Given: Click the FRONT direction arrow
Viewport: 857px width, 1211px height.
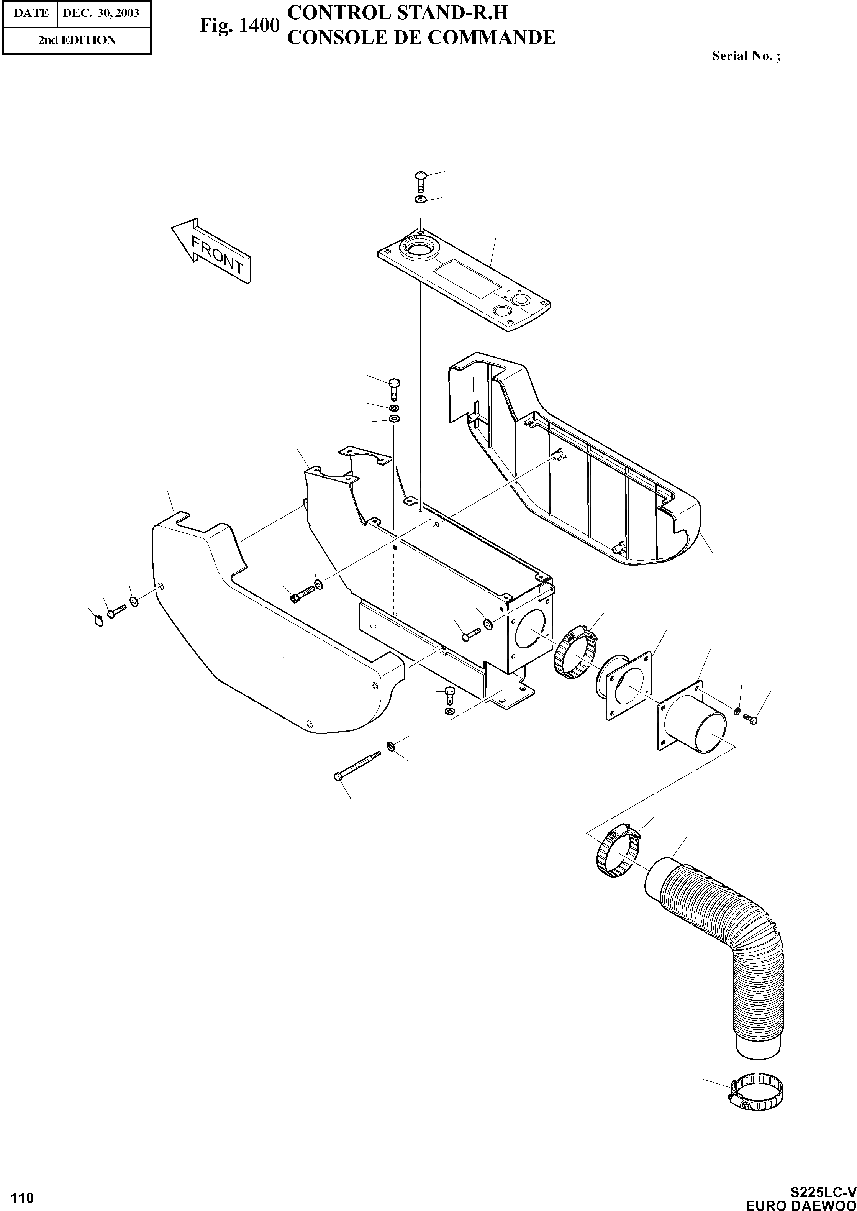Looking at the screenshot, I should pos(211,251).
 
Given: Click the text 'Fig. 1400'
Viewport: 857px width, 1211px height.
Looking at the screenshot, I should pos(239,25).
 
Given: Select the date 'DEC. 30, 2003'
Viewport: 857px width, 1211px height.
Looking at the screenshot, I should pos(101,13).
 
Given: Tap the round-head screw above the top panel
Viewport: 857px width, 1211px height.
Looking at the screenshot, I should pos(421,181).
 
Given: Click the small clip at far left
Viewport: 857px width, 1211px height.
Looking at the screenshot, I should pos(97,621).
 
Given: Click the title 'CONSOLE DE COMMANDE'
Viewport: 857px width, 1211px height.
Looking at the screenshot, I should pos(421,38).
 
